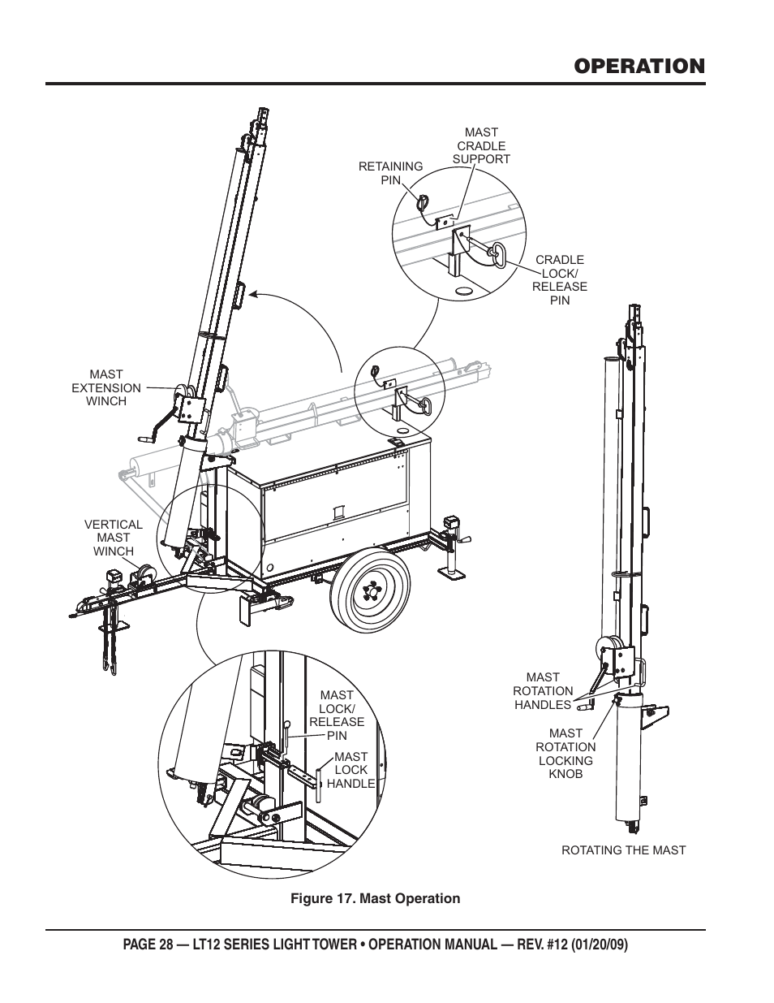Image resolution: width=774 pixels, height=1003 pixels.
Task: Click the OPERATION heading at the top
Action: click(639, 66)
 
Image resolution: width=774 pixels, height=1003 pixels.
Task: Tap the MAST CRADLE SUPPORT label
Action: click(481, 146)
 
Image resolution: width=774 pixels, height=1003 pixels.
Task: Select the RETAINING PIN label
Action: click(390, 173)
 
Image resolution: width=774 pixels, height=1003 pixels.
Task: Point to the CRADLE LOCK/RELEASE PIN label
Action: click(560, 279)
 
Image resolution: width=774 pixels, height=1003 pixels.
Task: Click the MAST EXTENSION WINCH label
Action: click(106, 387)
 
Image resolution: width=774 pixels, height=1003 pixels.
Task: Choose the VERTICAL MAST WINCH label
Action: click(114, 538)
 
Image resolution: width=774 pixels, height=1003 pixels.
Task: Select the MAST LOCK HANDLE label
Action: click(351, 770)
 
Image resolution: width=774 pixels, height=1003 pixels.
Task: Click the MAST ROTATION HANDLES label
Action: click(543, 691)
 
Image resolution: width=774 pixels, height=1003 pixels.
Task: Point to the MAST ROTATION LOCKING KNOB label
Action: click(565, 754)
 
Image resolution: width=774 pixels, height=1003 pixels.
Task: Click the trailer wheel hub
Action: click(371, 591)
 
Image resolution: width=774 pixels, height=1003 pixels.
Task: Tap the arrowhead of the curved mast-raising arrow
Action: click(252, 294)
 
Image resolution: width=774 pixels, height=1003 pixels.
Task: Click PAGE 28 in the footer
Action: click(148, 945)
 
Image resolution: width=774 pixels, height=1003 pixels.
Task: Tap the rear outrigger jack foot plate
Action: click(452, 573)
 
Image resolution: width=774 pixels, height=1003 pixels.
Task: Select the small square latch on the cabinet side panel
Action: click(340, 512)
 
